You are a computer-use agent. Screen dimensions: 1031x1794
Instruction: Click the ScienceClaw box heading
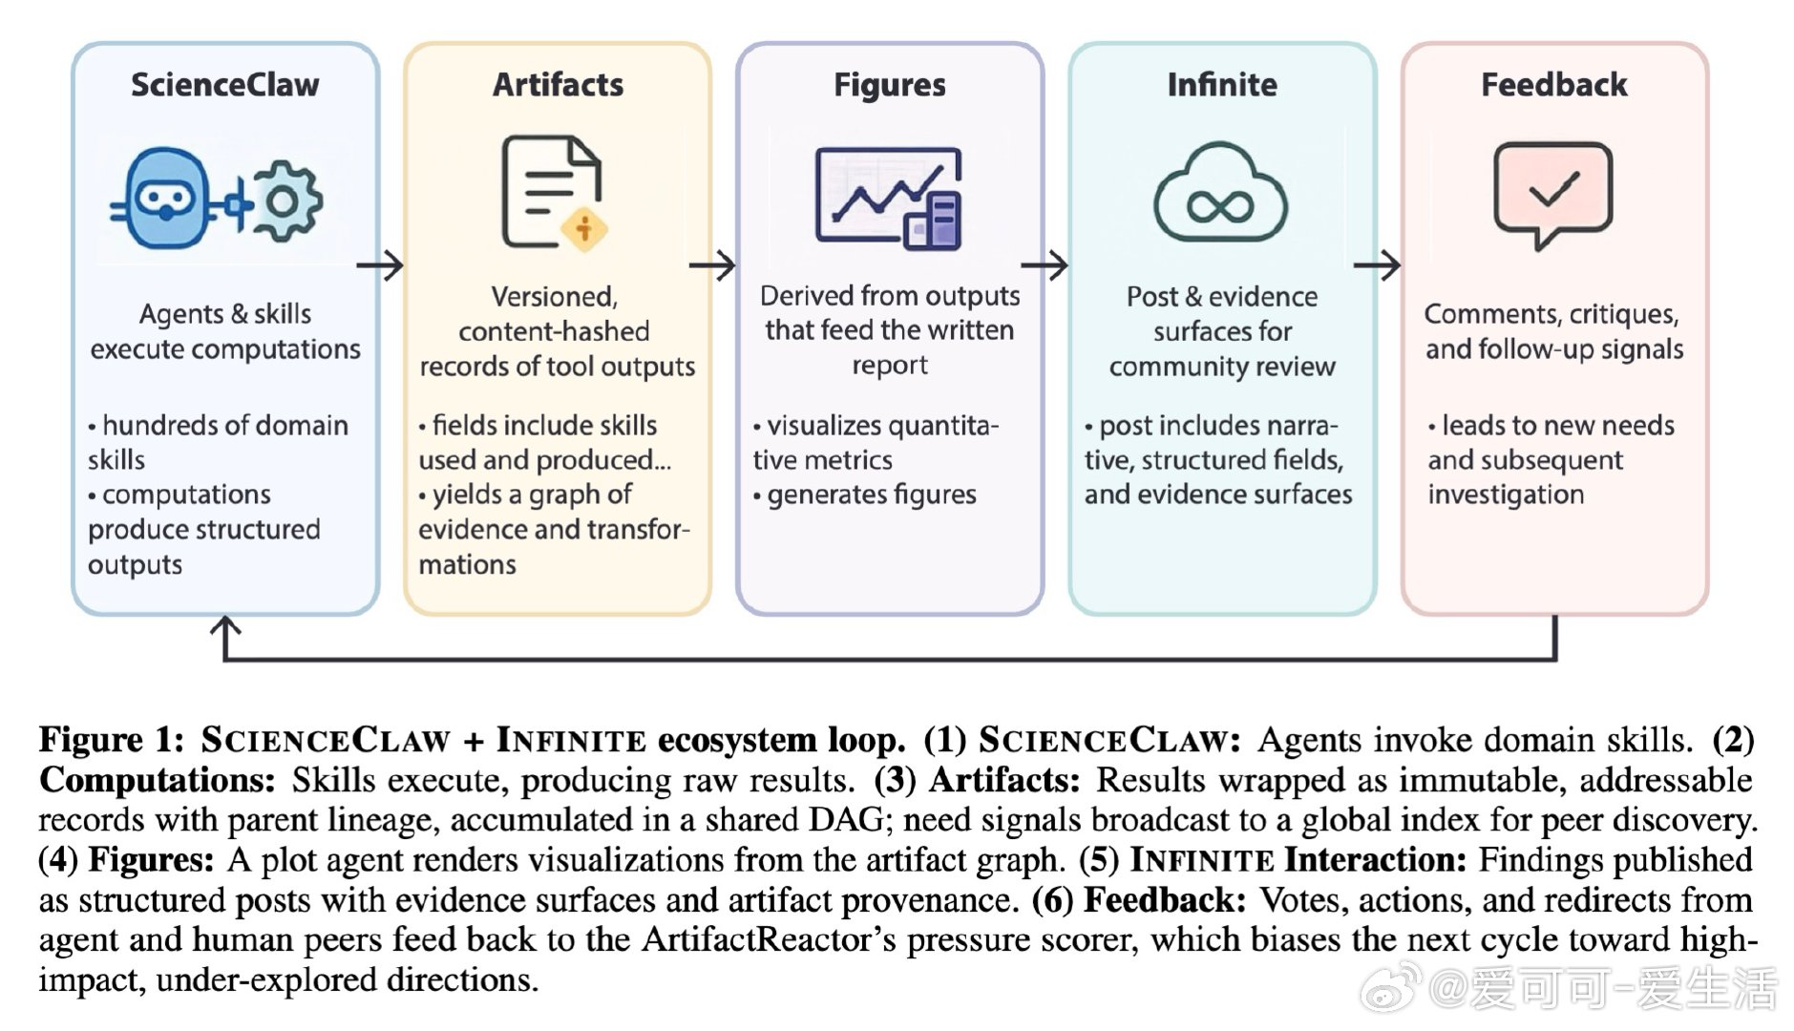225,85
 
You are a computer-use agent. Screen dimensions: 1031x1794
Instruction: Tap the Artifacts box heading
558,85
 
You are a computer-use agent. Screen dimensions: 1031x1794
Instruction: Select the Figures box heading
889,85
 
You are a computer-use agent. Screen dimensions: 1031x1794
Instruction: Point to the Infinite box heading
1221,85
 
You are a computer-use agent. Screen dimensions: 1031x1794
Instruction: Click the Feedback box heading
1553,85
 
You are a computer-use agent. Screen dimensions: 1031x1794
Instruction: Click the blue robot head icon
164,199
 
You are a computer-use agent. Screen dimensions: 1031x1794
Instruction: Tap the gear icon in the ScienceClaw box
284,201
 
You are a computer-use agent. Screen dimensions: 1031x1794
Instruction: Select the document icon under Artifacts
548,190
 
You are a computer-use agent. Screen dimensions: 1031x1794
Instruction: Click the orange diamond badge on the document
584,229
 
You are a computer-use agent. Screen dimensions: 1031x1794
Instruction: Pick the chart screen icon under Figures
887,197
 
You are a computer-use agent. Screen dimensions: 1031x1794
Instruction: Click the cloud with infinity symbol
1219,195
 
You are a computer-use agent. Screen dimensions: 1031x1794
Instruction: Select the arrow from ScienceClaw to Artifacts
380,264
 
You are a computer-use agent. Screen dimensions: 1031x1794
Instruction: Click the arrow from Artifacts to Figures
712,264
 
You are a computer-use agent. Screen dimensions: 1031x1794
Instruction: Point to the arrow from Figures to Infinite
1045,264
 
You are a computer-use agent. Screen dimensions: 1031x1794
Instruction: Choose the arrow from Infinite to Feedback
1377,264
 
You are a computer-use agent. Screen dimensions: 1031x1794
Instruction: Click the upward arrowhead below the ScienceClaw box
225,626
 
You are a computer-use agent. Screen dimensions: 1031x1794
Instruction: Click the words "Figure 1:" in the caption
112,740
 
